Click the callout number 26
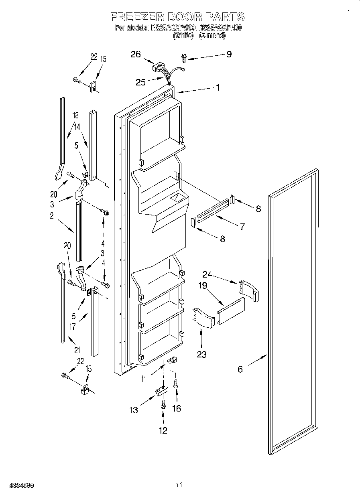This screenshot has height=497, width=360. click(x=136, y=55)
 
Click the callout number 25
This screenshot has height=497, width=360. click(x=140, y=82)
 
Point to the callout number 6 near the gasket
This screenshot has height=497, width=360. click(x=240, y=369)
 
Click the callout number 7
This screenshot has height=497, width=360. click(x=242, y=227)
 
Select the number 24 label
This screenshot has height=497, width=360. click(x=207, y=275)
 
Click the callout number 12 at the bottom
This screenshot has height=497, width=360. click(x=163, y=430)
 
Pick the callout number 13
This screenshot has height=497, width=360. click(x=133, y=410)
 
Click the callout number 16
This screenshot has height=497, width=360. click(x=176, y=408)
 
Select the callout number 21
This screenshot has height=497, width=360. click(x=77, y=350)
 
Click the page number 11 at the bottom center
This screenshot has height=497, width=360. click(x=180, y=485)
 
